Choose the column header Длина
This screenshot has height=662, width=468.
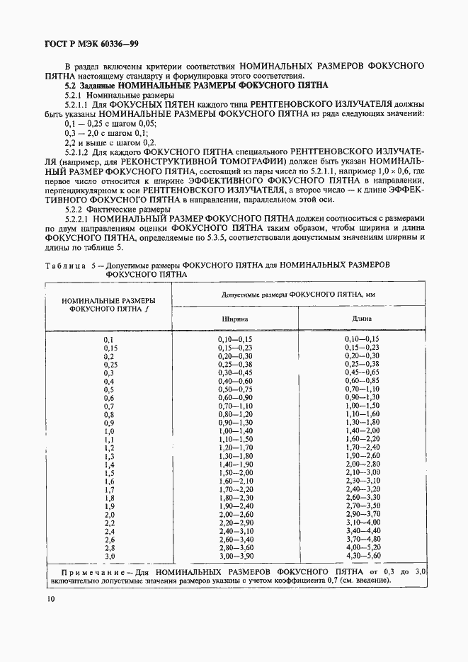point(362,319)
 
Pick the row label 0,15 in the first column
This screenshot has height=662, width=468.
point(110,348)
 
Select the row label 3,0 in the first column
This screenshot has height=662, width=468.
point(110,557)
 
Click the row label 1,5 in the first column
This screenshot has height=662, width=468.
point(110,472)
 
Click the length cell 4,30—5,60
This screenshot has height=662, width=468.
point(362,557)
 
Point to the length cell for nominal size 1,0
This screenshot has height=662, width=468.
point(362,430)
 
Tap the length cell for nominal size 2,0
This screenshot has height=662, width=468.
point(362,515)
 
